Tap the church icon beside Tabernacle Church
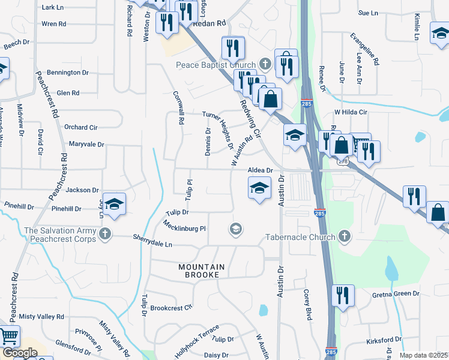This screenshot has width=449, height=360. tap(345, 236)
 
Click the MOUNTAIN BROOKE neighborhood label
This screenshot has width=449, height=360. tap(202, 271)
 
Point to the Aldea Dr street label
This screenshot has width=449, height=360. tap(261, 170)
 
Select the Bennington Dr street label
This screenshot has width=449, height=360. tap(68, 73)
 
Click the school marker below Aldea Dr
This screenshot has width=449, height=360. tap(259, 188)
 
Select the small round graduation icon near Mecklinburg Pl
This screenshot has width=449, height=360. tap(236, 229)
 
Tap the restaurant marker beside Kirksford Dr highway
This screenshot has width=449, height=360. tap(343, 296)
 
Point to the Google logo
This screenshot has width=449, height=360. tap(19, 353)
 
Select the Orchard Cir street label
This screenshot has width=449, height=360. tap(80, 127)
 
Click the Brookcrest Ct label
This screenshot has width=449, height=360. tap(171, 307)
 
